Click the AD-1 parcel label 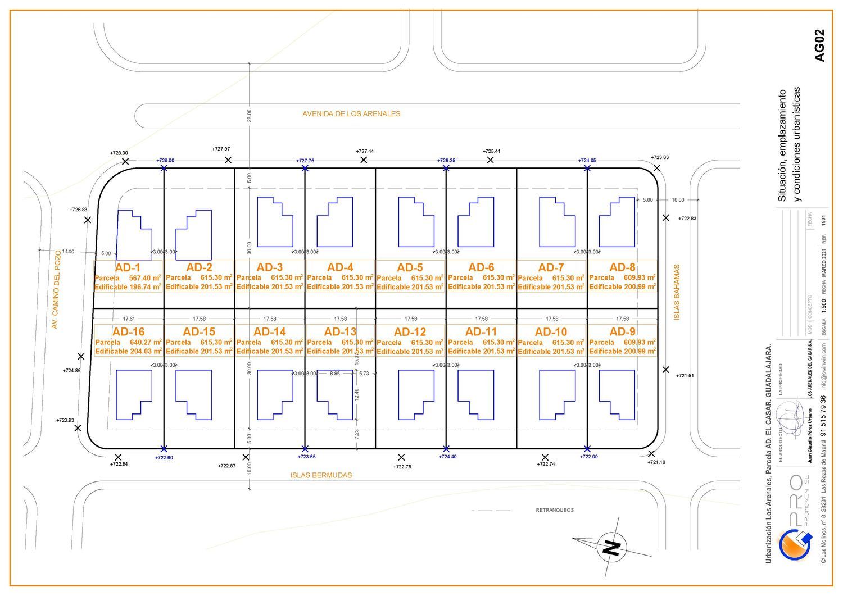(x=128, y=267)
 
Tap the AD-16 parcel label (x=128, y=332)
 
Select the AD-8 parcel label (x=622, y=267)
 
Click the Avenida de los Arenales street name (x=351, y=113)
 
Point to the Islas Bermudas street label (x=321, y=475)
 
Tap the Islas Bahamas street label (x=677, y=292)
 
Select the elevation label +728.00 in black (x=119, y=153)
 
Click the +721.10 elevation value (x=656, y=462)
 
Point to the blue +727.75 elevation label (x=305, y=161)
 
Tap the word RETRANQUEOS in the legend (x=555, y=511)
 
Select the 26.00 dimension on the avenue (x=250, y=115)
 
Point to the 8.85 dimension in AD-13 (x=334, y=374)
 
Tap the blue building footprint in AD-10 (x=556, y=394)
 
